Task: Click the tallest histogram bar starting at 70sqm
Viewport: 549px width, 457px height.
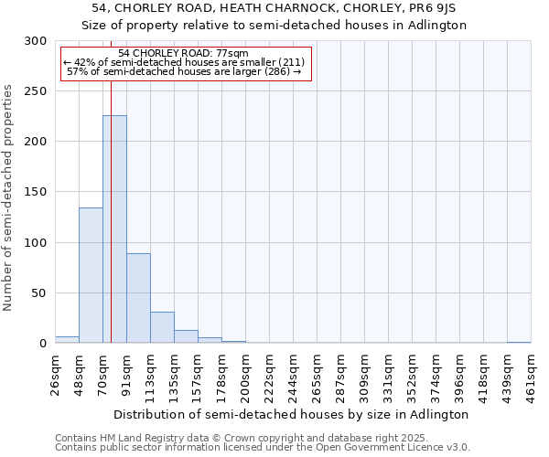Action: (x=114, y=228)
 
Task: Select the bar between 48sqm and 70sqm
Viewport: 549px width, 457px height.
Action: (x=91, y=274)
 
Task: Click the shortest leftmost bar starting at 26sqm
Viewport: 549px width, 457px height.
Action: (x=67, y=340)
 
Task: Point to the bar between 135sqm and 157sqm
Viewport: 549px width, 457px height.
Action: (x=186, y=336)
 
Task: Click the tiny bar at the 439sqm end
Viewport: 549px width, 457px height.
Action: (x=519, y=342)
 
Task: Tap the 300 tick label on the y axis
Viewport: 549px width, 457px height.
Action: (x=36, y=41)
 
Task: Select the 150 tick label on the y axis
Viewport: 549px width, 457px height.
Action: (x=36, y=192)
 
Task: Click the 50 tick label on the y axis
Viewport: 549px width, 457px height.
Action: (x=39, y=293)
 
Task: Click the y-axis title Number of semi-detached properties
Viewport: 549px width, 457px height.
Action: (x=9, y=197)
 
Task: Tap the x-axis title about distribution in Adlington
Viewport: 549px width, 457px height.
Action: (x=293, y=414)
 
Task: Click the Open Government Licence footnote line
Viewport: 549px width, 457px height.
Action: (x=263, y=448)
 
